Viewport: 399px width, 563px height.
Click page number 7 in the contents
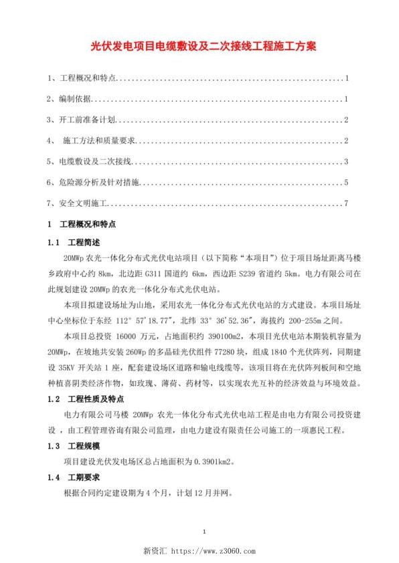click(346, 203)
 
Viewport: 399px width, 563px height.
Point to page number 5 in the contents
click(346, 183)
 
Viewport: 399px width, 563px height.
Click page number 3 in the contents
click(346, 162)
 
